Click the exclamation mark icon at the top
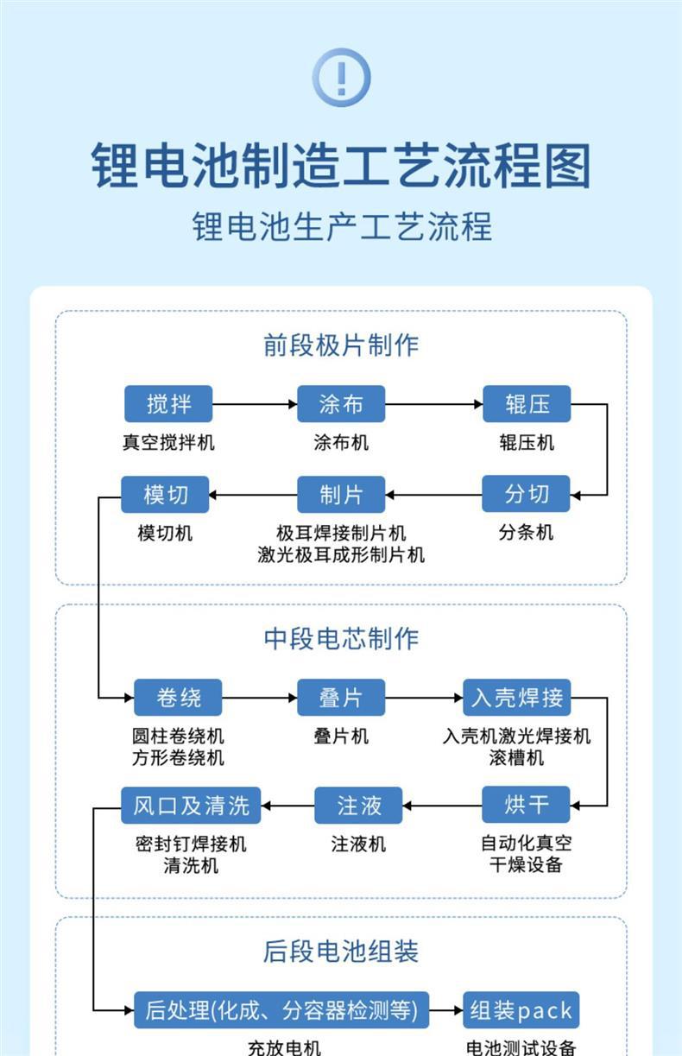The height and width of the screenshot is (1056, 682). [341, 78]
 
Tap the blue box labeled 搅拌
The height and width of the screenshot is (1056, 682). [168, 403]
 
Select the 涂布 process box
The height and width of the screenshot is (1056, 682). [341, 403]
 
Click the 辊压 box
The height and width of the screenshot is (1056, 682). [527, 403]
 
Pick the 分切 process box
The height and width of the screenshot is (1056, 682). [527, 495]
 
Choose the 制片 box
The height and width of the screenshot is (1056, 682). [341, 495]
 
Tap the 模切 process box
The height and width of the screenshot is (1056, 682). [166, 495]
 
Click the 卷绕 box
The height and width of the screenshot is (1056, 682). [179, 697]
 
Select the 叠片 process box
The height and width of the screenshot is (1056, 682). [341, 697]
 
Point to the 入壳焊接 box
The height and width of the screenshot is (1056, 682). [517, 697]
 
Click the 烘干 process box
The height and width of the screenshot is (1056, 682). [527, 805]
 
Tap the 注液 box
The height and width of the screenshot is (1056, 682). [359, 805]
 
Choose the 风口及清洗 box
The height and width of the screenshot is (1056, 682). [191, 805]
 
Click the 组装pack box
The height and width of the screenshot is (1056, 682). [521, 1009]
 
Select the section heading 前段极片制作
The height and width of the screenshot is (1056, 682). [341, 346]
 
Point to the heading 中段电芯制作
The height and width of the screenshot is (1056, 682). [341, 639]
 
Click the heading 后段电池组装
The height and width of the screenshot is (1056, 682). [341, 952]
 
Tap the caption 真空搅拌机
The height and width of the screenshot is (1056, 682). [168, 443]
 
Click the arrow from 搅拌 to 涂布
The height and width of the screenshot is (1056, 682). [255, 403]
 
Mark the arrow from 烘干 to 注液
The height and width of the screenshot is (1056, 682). [442, 806]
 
